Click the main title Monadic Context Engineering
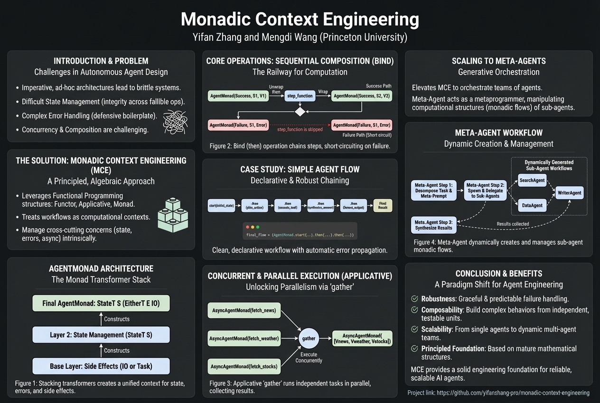(300, 19)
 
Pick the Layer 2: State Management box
(101, 335)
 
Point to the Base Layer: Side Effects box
(101, 366)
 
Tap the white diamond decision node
(300, 112)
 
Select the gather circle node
(309, 338)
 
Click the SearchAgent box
(532, 181)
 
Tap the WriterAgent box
(570, 192)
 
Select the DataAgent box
(532, 205)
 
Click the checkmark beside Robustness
(414, 299)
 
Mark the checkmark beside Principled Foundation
(414, 349)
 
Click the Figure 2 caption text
(300, 146)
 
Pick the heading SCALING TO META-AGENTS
(498, 61)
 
